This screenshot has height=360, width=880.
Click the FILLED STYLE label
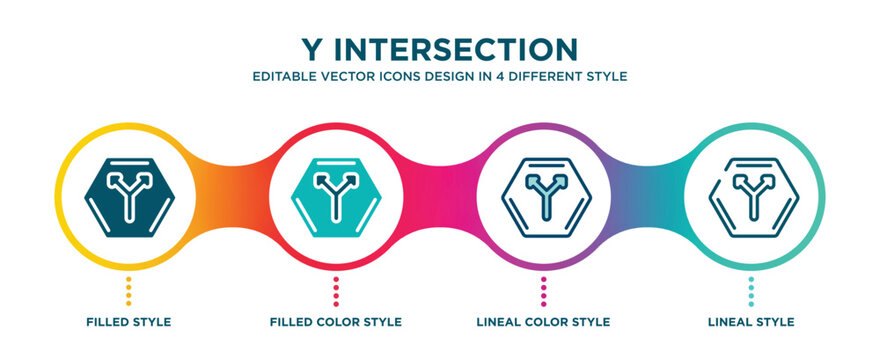pos(128,322)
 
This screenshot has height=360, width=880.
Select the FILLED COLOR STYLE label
pos(336,322)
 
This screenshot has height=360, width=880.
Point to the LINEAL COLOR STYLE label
pos(543,322)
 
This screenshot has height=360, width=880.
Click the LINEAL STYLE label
pos(752,322)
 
